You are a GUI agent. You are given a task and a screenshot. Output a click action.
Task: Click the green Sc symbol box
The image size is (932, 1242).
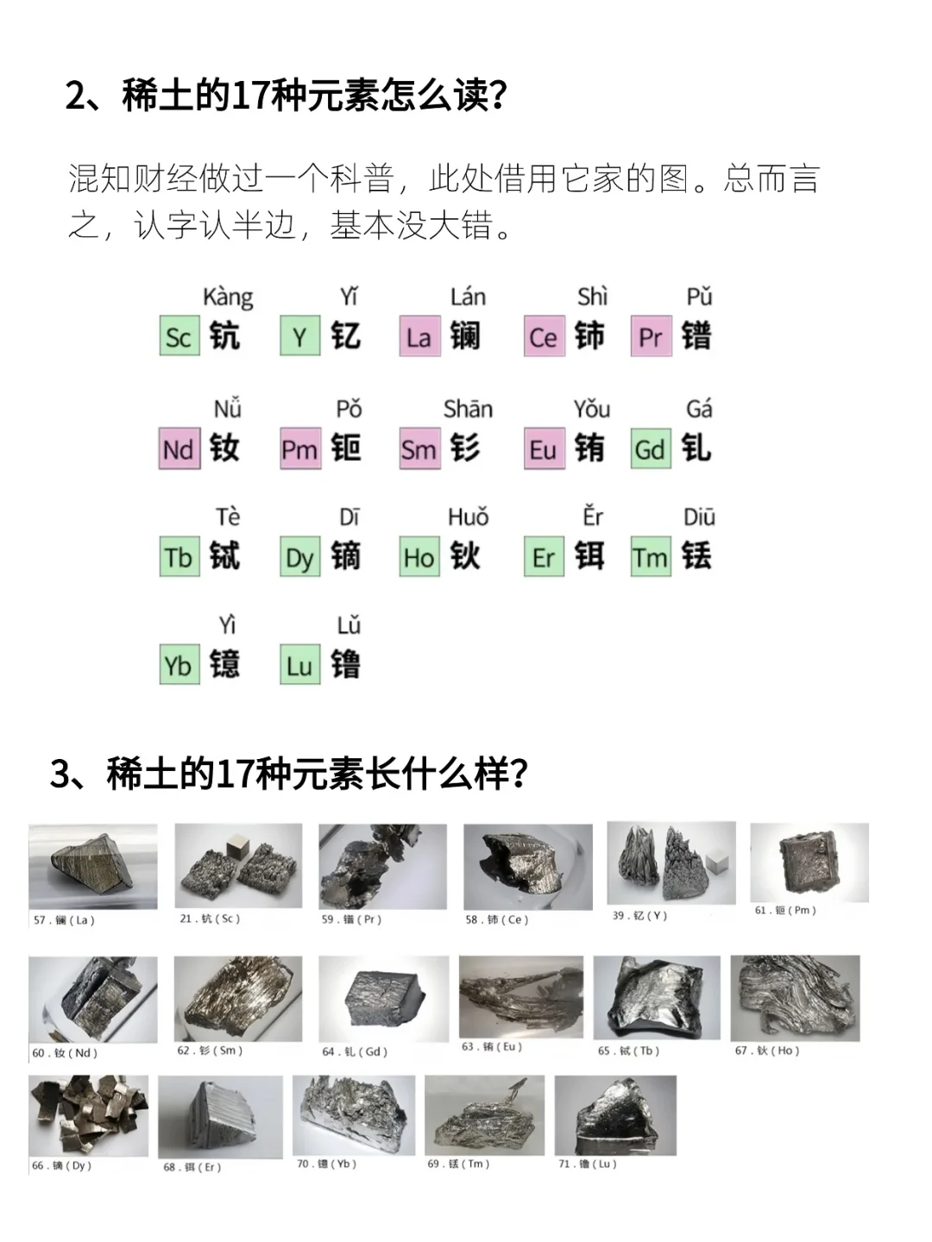[x=179, y=337]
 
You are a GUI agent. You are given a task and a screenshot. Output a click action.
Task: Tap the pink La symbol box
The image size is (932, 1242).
[x=419, y=337]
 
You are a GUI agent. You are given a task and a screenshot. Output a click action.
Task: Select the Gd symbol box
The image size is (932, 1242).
[x=651, y=449]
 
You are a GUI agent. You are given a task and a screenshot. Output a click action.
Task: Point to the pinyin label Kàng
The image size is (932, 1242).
[x=228, y=298]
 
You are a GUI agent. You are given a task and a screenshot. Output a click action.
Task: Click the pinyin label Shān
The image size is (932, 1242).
[x=468, y=409]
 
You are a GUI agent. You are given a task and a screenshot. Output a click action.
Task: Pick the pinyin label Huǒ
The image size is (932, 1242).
[x=468, y=517]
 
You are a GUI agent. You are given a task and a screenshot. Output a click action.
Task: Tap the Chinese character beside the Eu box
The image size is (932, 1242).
[x=590, y=448]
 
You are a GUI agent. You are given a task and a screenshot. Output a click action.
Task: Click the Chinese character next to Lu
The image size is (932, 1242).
[x=346, y=665]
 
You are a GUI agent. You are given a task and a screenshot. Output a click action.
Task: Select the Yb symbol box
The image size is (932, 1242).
[x=179, y=665]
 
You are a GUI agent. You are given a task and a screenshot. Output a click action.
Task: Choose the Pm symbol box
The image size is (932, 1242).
[x=300, y=449]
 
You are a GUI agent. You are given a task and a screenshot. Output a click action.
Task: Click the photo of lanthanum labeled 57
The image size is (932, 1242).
[x=93, y=866]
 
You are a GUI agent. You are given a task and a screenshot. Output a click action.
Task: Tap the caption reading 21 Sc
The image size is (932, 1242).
[x=210, y=919]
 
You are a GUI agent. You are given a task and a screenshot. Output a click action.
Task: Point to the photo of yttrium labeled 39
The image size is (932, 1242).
[x=671, y=862]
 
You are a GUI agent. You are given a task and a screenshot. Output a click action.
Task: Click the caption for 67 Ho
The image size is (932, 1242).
[x=767, y=1051]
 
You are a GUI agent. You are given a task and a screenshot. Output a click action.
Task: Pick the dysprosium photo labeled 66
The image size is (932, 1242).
[x=88, y=1115]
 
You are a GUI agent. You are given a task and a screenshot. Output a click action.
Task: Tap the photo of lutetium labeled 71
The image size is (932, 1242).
[x=615, y=1115]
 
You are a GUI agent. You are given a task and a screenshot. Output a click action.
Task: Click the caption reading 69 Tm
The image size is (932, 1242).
[x=458, y=1164]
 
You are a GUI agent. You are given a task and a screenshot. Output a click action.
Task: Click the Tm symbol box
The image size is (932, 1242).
[x=651, y=557]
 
